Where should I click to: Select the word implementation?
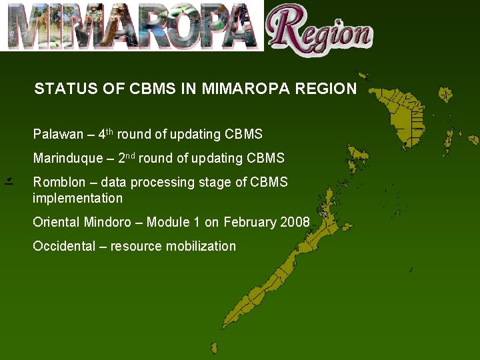77,198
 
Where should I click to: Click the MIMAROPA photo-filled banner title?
133,27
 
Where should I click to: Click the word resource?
136,246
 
